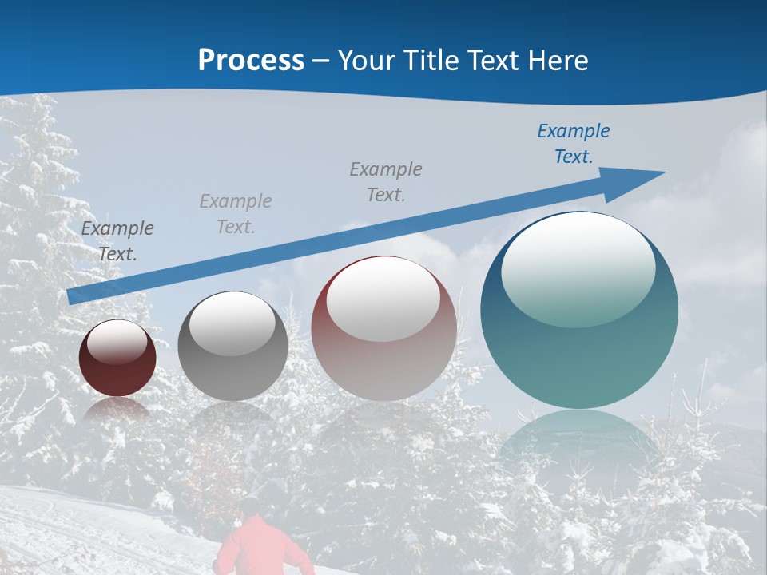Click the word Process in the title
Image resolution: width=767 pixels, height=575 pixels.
(x=251, y=60)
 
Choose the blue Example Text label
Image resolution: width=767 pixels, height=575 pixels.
(x=573, y=144)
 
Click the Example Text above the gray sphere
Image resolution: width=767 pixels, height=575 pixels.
(x=236, y=214)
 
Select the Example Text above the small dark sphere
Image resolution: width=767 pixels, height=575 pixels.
(x=117, y=241)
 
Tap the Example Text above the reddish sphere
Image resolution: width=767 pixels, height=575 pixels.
(x=386, y=182)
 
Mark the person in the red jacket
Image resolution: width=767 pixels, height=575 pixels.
(x=257, y=547)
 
